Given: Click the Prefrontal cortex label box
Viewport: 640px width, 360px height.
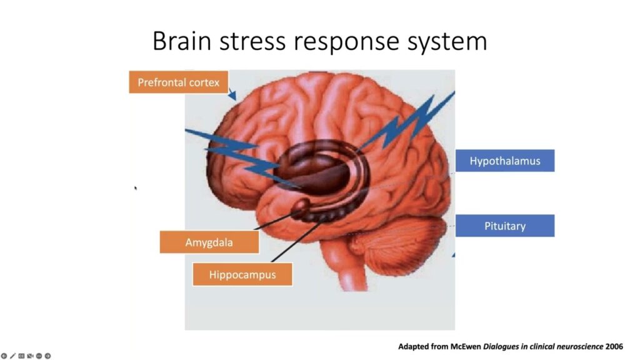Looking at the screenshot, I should [x=178, y=82].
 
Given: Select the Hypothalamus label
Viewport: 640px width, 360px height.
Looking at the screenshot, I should [x=504, y=161].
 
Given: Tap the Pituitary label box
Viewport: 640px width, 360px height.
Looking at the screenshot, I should [x=504, y=226].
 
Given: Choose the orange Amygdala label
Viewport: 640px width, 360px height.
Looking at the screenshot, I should [x=209, y=242].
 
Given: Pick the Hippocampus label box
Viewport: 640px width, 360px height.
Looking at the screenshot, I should [x=242, y=274].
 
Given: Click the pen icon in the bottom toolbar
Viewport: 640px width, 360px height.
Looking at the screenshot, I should [x=12, y=356].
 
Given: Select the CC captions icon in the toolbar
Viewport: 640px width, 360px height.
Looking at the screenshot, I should [x=21, y=356].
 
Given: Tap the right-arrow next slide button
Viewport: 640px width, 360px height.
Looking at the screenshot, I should [x=47, y=356].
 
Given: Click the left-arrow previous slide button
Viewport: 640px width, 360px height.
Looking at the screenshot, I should [x=4, y=356].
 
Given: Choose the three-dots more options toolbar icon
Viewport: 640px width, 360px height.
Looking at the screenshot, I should [x=39, y=356].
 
